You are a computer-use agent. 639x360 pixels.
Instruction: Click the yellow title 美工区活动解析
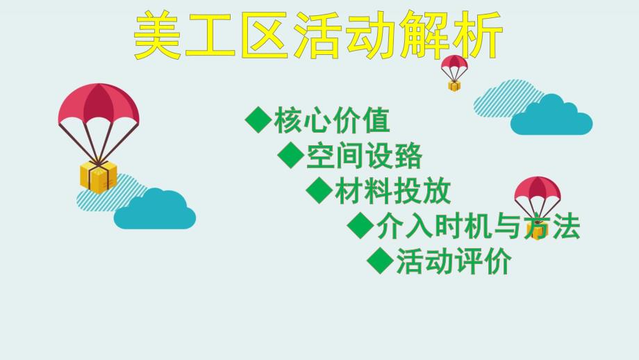click(x=317, y=35)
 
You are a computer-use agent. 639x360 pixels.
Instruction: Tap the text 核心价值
click(x=332, y=121)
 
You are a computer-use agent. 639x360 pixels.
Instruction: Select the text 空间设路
click(x=364, y=156)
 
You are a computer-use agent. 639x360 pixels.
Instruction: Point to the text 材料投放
click(x=392, y=190)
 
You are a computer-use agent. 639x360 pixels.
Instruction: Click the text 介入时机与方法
click(x=478, y=227)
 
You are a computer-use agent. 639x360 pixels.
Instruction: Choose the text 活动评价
click(x=454, y=262)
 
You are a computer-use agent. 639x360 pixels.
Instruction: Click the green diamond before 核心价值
click(x=258, y=120)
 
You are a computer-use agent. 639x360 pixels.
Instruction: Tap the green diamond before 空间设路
click(x=290, y=155)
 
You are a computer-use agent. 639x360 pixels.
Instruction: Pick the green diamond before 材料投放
click(x=319, y=190)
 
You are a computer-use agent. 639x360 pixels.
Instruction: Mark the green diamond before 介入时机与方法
click(x=360, y=225)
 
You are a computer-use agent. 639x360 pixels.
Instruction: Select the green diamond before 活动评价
click(x=380, y=261)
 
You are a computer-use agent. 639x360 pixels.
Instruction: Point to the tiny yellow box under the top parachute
click(x=454, y=85)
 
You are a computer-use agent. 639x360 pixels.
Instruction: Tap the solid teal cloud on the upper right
click(x=551, y=117)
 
